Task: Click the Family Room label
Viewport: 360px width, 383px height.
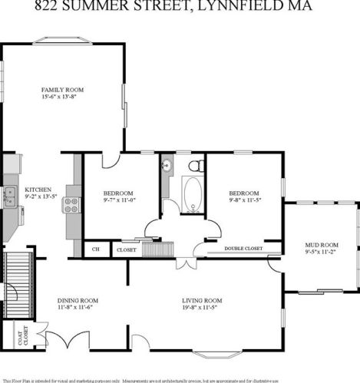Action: pyautogui.click(x=62, y=90)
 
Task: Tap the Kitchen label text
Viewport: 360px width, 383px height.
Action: pyautogui.click(x=38, y=189)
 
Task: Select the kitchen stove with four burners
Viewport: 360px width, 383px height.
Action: pyautogui.click(x=71, y=204)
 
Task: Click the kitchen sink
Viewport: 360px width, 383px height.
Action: pyautogui.click(x=11, y=197)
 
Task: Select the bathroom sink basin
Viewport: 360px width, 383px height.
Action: pyautogui.click(x=166, y=164)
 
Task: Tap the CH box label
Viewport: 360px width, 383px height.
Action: pyautogui.click(x=96, y=249)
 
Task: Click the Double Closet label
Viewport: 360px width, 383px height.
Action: pyautogui.click(x=243, y=249)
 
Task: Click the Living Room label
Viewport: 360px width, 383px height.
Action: pyautogui.click(x=202, y=300)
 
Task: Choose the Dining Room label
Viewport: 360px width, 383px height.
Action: pyautogui.click(x=78, y=300)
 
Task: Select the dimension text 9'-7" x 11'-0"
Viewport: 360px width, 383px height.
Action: pyautogui.click(x=119, y=200)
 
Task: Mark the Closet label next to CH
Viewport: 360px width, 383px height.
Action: pyautogui.click(x=125, y=249)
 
